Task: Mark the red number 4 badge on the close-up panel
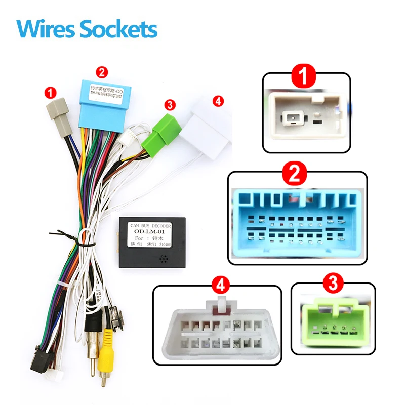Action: [x=218, y=286]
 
